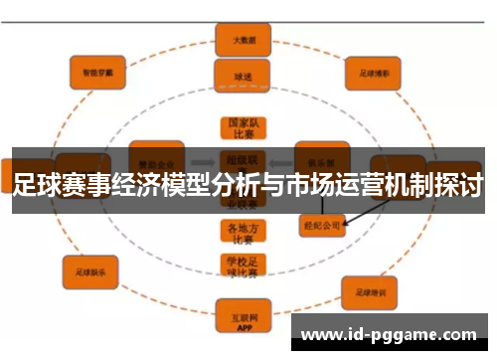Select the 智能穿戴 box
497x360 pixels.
pos(97,71)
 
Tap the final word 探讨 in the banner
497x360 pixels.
pos(461,185)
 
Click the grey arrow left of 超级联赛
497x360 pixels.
pos(203,159)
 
